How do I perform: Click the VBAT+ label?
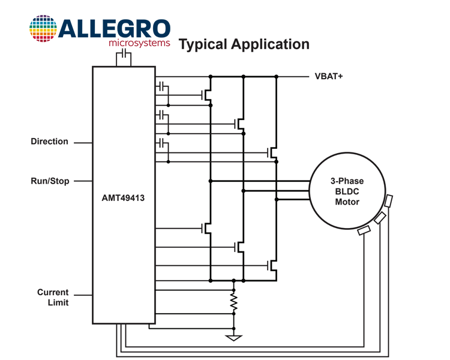329,76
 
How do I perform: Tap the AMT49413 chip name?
123,198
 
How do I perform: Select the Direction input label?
49,141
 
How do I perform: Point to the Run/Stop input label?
50,181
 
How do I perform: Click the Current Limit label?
53,297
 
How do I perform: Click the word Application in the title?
271,44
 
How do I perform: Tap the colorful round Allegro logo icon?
43,28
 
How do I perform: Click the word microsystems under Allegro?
139,43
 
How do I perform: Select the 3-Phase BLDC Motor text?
347,191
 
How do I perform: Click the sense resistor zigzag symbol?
234,302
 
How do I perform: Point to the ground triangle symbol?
234,338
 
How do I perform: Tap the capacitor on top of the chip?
124,53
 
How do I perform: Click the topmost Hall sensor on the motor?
388,201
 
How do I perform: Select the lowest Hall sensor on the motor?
364,230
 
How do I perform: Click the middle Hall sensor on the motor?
380,218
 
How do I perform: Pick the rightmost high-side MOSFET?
272,152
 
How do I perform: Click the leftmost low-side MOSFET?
206,229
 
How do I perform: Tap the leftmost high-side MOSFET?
206,95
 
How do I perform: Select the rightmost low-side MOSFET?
272,266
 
